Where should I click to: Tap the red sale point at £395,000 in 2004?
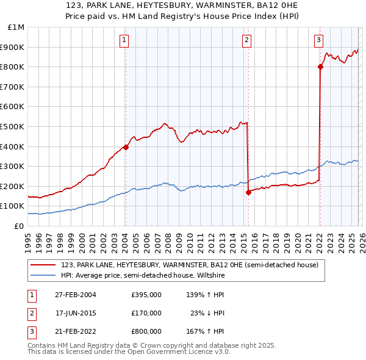point(126,147)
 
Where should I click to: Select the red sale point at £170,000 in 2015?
point(248,192)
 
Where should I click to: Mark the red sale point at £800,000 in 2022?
point(320,67)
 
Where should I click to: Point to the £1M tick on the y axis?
point(16,27)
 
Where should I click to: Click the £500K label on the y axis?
point(13,126)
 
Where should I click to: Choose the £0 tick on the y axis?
point(18,226)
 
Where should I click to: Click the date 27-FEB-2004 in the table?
point(76,295)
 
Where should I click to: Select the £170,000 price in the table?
point(146,313)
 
